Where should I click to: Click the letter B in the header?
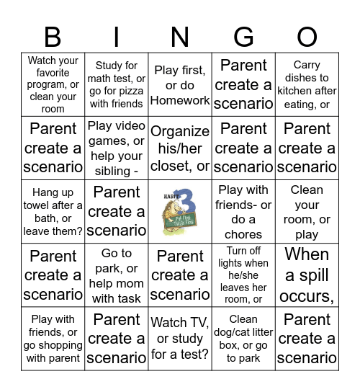tap(53, 36)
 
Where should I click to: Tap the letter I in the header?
tap(117, 36)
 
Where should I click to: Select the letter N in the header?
tap(180, 36)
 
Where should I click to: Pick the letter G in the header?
tap(244, 36)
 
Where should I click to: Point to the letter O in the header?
tap(307, 36)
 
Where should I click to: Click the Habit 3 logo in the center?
tap(180, 212)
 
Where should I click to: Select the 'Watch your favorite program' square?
tap(53, 85)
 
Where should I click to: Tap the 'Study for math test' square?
tap(117, 85)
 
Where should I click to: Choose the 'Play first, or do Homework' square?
tap(180, 85)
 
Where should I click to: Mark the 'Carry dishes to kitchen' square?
tap(307, 85)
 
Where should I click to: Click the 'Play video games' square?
tap(117, 148)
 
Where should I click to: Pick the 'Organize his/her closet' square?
tap(180, 148)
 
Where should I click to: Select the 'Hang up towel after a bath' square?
tap(53, 212)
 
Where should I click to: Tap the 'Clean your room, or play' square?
tap(307, 212)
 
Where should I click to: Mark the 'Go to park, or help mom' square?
tap(117, 275)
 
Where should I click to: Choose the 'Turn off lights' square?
tap(244, 275)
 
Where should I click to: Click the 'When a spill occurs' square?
tap(307, 275)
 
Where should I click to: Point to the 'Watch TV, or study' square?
tap(180, 339)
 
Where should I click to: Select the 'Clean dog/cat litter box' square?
tap(244, 339)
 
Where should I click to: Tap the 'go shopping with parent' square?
tap(53, 339)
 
